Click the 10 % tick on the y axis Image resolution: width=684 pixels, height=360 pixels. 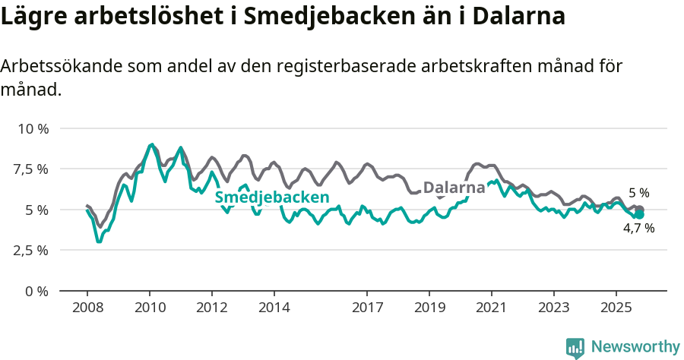[33, 128]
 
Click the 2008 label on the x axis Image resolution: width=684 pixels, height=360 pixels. [87, 309]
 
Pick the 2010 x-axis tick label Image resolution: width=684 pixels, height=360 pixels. [150, 309]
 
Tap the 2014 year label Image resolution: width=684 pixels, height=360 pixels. [274, 309]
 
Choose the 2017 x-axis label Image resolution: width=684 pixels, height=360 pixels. [367, 309]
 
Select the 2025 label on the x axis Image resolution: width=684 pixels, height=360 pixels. [616, 309]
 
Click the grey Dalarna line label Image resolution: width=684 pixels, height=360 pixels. [454, 188]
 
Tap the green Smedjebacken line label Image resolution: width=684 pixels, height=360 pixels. [271, 198]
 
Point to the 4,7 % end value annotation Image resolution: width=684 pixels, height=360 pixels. [638, 228]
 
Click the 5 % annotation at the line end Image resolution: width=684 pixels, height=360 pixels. [638, 193]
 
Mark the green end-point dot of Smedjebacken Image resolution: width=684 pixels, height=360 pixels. [639, 215]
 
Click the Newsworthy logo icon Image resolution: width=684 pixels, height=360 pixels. [575, 347]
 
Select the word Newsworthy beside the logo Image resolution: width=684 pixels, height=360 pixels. [635, 347]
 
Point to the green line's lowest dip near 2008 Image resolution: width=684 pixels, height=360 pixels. [99, 242]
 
